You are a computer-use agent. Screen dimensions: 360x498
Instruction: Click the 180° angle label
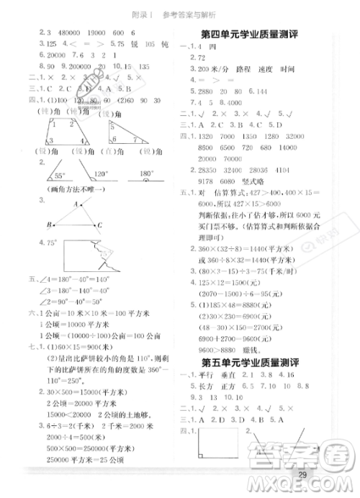[x=145, y=173]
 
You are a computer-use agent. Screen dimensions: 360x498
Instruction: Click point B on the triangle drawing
[x=50, y=225]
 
